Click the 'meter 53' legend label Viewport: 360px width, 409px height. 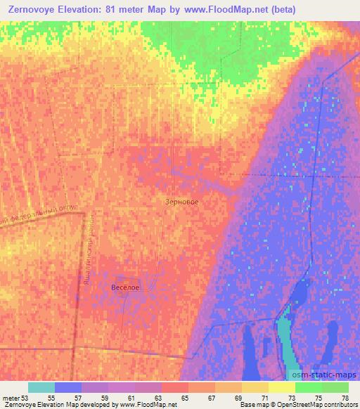point(14,397)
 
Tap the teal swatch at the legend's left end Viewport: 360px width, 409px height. point(41,387)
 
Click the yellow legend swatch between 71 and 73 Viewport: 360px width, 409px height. point(281,387)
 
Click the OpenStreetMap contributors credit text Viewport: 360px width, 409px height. point(316,405)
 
